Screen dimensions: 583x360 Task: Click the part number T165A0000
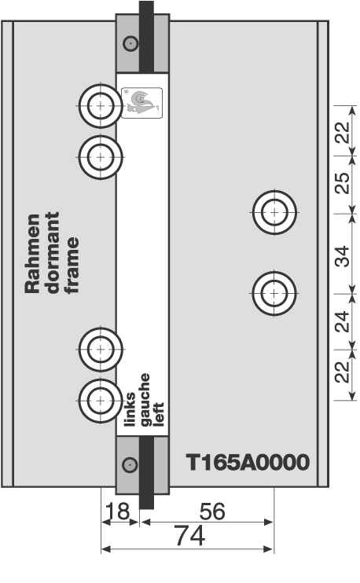(x=247, y=462)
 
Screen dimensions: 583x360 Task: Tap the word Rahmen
(x=32, y=254)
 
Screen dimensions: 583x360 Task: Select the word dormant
(x=52, y=254)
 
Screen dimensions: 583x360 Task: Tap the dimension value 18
(x=117, y=511)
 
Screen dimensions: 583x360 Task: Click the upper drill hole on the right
(x=274, y=211)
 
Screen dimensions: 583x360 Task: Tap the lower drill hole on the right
(x=273, y=293)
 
